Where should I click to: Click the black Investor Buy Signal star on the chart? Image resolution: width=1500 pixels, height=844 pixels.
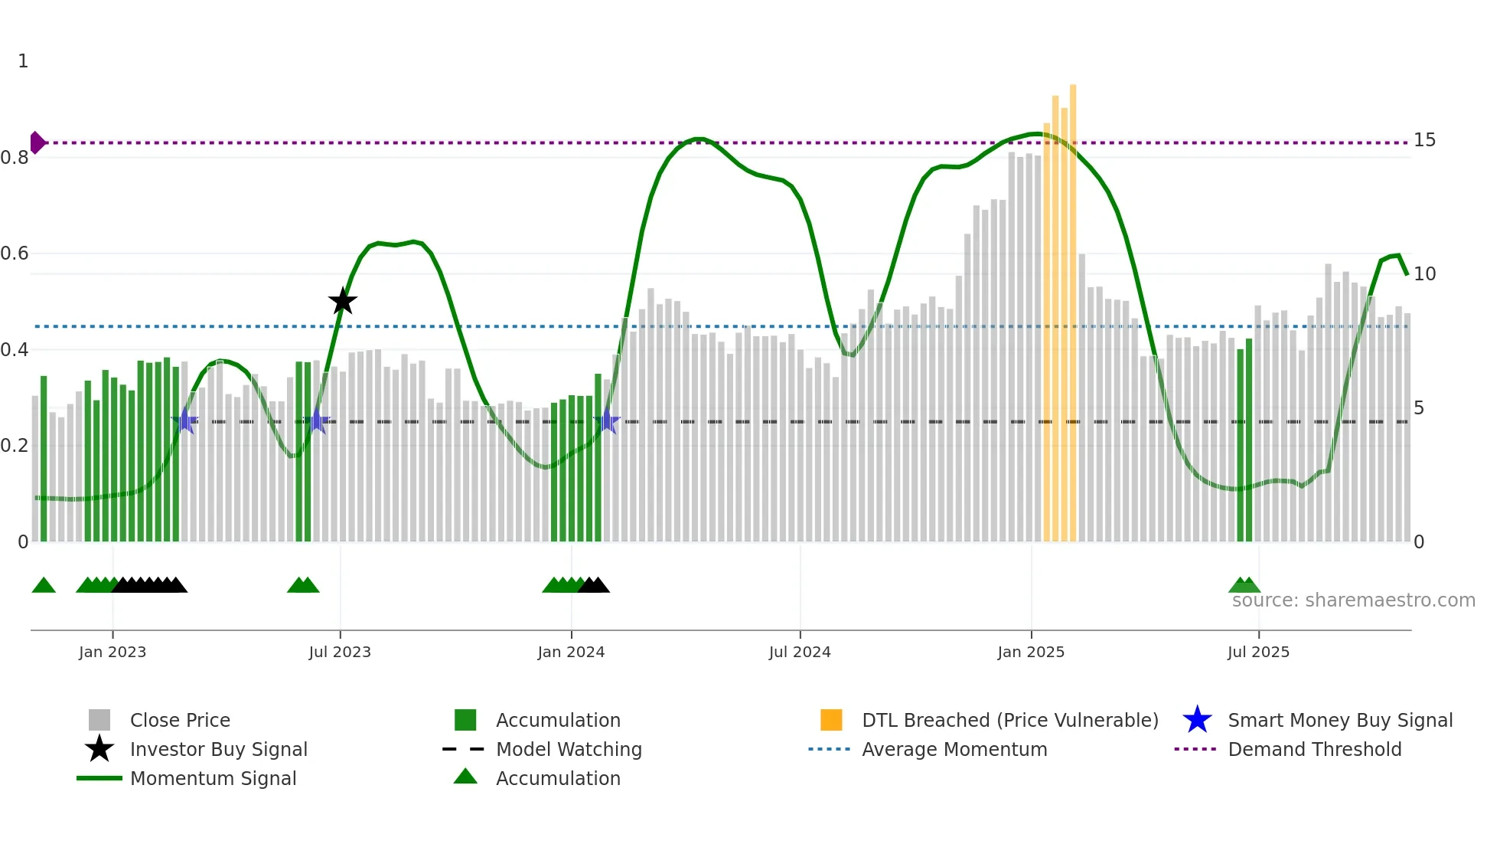point(342,301)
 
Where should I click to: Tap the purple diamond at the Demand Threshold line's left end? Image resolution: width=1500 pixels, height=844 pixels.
point(37,142)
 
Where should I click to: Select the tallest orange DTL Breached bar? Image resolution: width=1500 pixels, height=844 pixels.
point(1073,306)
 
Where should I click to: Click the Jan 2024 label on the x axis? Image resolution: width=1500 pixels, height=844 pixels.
point(571,652)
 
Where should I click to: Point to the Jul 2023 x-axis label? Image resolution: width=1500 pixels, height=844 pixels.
point(340,652)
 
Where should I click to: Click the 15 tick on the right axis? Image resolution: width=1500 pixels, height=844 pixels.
point(1424,140)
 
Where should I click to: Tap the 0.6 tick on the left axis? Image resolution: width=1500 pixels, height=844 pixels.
point(15,254)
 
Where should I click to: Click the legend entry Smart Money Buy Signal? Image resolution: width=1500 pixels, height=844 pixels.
point(1340,720)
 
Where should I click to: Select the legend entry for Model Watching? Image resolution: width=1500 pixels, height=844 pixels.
point(569,749)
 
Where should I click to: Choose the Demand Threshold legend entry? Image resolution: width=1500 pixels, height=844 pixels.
point(1314,749)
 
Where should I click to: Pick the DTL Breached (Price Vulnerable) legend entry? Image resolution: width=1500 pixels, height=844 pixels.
point(1009,720)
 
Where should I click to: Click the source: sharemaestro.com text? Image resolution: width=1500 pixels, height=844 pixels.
point(1353,600)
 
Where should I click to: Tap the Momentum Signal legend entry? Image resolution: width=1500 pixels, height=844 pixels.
point(213,778)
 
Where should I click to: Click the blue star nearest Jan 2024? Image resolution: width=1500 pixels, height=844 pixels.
point(607,420)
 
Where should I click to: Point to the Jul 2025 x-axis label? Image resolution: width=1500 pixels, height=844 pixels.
point(1258,652)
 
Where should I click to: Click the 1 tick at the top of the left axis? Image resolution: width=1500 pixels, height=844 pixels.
point(23,61)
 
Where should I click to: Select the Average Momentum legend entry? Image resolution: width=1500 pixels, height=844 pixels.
point(954,749)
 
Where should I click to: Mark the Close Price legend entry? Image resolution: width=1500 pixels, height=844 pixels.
point(180,720)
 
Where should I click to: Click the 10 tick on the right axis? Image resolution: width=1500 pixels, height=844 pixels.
point(1424,274)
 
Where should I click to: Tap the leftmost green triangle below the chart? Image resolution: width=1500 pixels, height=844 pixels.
point(44,586)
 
